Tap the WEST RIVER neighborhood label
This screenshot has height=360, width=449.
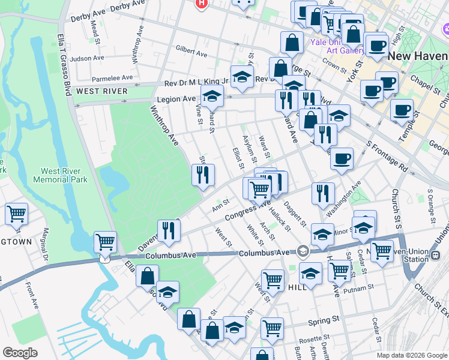point(101,91)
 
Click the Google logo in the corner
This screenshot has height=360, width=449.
point(20,353)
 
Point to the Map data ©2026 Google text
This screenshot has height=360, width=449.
point(411,355)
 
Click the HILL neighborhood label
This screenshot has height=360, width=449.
point(298,287)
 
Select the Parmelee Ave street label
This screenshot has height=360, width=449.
point(112,78)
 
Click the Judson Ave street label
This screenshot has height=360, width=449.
point(87,59)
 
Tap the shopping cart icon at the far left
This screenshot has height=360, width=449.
point(16,214)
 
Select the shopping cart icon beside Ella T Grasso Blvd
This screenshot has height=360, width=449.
point(106,243)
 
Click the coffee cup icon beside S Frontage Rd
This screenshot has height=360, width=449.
point(342,159)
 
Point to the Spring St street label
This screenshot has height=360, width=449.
point(324,322)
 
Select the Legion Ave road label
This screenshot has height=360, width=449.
point(176,98)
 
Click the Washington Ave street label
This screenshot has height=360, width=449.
point(343,199)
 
